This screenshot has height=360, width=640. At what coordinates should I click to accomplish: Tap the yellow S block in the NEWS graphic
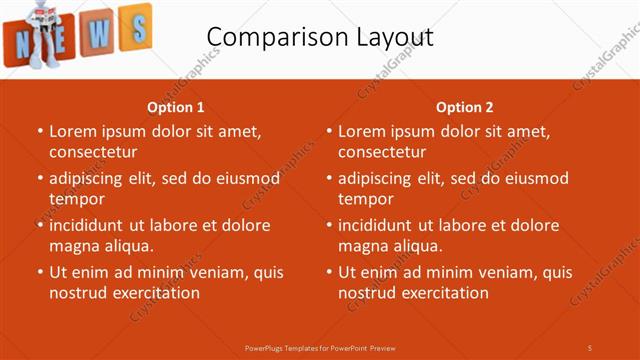(x=135, y=27)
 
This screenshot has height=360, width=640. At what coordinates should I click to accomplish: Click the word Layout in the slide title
(x=387, y=38)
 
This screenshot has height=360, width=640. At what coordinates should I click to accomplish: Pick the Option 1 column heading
(x=176, y=107)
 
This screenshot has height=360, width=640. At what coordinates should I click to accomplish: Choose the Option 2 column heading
(x=465, y=107)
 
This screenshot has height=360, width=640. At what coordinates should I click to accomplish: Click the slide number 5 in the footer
(x=589, y=347)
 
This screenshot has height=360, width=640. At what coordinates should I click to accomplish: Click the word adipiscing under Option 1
(x=93, y=178)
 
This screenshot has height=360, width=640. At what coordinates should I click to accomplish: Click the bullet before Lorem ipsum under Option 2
(x=329, y=131)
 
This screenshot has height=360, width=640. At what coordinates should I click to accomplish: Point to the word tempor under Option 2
(x=365, y=199)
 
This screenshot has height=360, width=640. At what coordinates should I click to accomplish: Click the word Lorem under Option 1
(x=73, y=131)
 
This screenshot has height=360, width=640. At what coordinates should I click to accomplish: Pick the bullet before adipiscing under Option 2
(x=329, y=178)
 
